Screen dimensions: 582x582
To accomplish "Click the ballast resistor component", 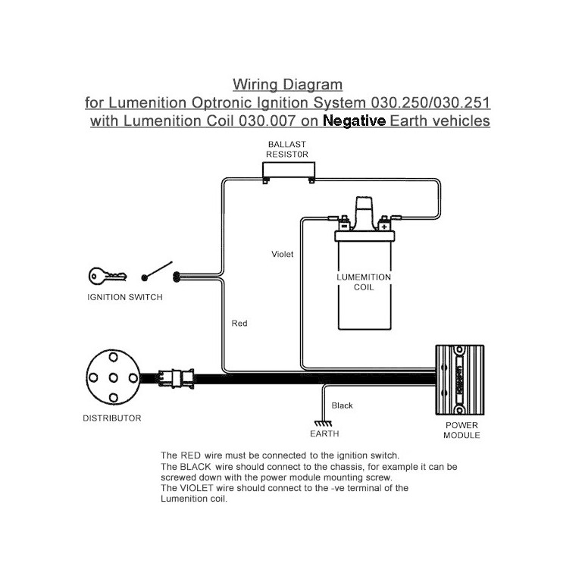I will (x=287, y=171).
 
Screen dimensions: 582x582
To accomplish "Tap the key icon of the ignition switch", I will (x=102, y=276).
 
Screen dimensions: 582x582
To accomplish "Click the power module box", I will (x=459, y=380).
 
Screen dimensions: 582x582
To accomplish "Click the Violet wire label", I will (x=282, y=255).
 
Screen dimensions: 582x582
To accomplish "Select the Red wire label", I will (x=239, y=324).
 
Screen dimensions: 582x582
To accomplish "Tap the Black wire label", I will (x=343, y=405).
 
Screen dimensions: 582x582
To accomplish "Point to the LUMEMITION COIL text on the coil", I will (x=364, y=283).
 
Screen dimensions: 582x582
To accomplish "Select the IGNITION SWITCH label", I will (x=125, y=298).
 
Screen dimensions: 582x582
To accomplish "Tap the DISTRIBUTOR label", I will (x=111, y=418).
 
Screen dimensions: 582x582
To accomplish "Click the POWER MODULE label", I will (x=462, y=430).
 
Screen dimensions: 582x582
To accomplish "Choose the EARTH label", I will (x=324, y=434).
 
